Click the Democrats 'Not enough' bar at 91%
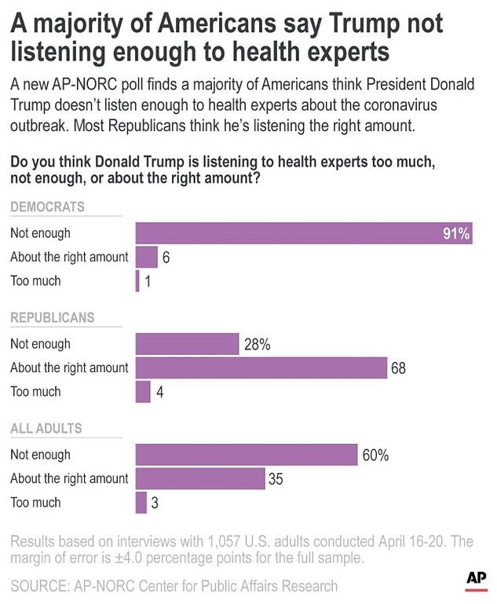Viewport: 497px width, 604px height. point(303,233)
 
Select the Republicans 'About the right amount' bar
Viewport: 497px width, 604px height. point(261,368)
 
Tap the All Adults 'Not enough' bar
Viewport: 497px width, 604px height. point(247,455)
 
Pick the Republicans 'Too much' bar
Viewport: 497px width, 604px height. point(143,391)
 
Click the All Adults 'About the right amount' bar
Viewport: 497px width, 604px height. point(200,478)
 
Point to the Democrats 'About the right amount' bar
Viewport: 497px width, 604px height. point(147,257)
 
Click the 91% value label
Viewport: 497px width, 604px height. point(456,233)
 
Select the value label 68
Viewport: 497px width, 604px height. point(398,368)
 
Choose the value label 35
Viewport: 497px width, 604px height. point(276,478)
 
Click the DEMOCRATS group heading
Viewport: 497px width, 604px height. point(47,207)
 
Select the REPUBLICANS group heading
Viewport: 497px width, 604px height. point(52,318)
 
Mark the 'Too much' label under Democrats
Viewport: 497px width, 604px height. point(35,280)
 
